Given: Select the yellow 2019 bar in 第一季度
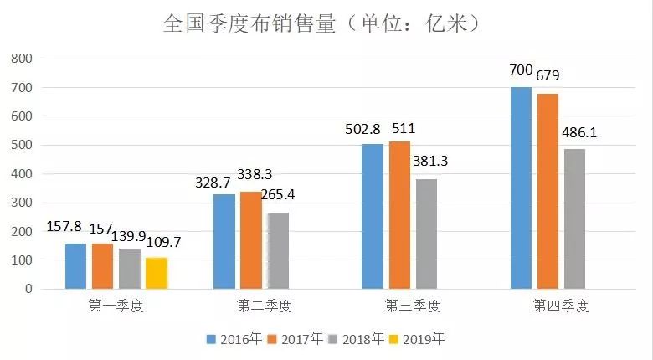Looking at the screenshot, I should [x=157, y=273].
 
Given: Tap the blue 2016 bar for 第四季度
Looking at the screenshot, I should [x=521, y=188].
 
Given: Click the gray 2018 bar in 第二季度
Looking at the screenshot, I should [x=278, y=250].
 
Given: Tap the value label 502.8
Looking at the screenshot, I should [x=362, y=129].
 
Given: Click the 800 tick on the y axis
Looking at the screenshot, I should [x=21, y=59].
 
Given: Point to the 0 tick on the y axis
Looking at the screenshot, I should [x=28, y=289].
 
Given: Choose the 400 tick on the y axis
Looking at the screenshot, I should [x=21, y=174].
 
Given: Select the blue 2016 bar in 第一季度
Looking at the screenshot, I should [x=75, y=266].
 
